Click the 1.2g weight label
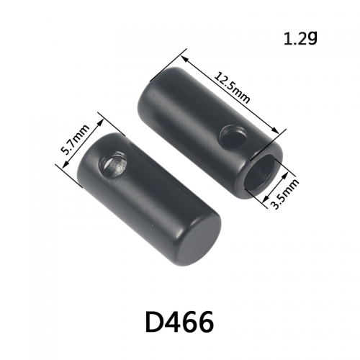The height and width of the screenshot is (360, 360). [x=300, y=39]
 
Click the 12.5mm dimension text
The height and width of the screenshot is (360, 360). [x=232, y=88]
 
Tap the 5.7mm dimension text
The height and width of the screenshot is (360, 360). [x=75, y=140]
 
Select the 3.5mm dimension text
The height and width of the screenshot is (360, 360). [x=284, y=194]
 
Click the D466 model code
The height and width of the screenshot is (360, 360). [x=179, y=323]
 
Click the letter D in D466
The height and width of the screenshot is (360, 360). [x=155, y=323]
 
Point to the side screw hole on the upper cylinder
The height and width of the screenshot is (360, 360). [x=233, y=137]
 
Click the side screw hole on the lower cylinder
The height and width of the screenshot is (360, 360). [x=113, y=164]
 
